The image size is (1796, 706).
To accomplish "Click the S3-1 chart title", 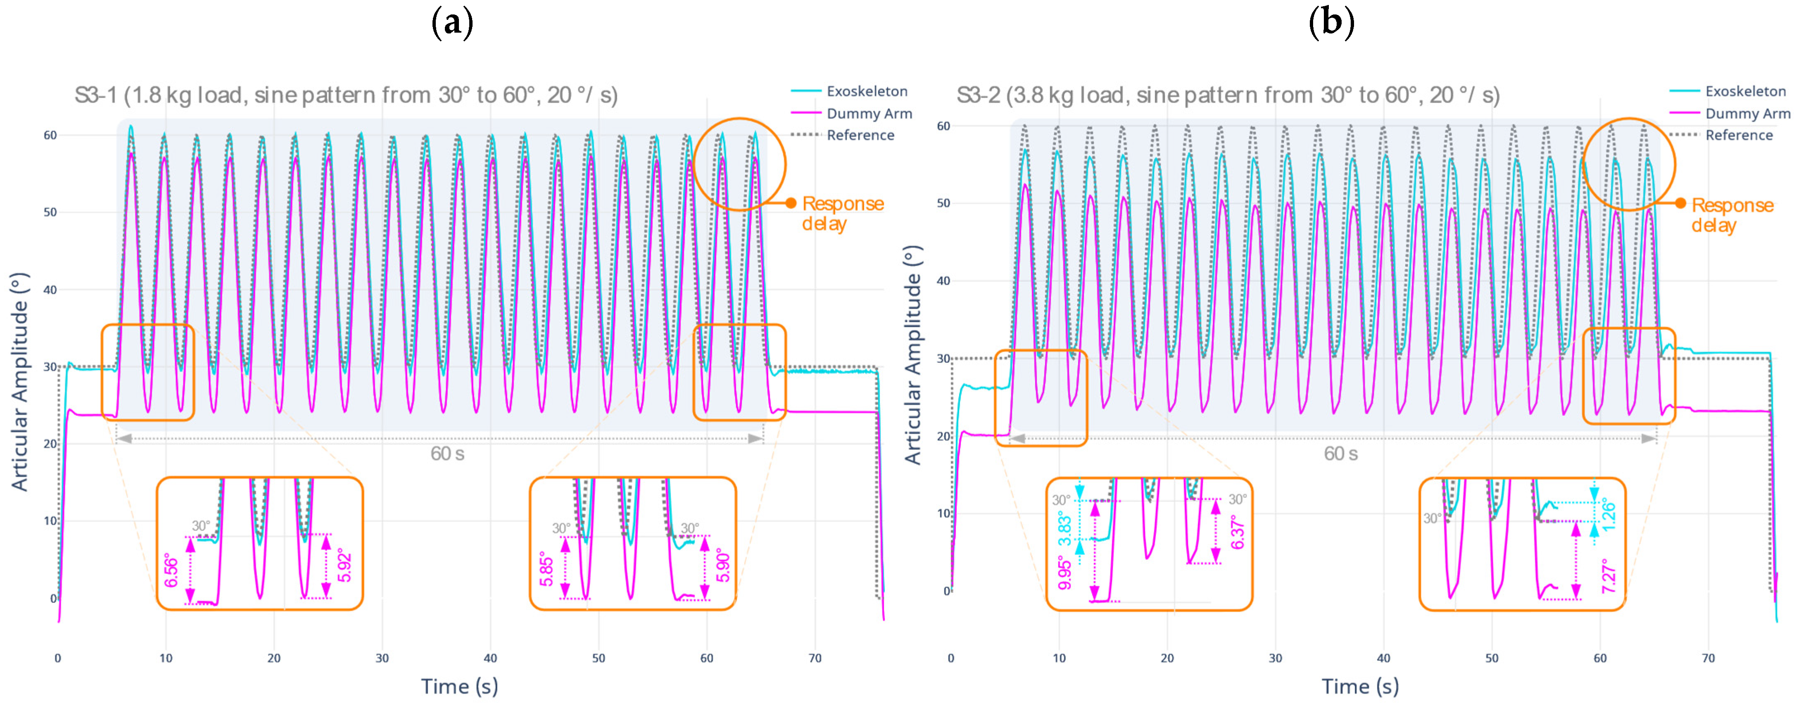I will [x=346, y=95].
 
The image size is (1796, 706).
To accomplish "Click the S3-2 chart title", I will [x=1228, y=95].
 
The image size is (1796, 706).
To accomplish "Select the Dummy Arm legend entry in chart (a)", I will [x=869, y=114].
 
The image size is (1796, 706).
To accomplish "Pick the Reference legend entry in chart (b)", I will [x=1739, y=135].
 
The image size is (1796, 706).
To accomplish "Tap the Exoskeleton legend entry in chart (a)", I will [x=867, y=91].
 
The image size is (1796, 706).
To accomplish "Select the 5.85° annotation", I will [x=546, y=571].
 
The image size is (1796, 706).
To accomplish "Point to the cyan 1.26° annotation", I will [x=1608, y=513].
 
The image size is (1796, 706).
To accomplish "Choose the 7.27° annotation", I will [x=1608, y=576].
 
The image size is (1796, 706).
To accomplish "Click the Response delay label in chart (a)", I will [x=842, y=213].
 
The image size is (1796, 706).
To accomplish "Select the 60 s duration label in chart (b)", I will [x=1340, y=454].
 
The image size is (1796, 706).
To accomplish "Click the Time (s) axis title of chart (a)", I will [x=459, y=687].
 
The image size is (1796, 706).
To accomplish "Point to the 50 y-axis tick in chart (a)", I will [x=50, y=213].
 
